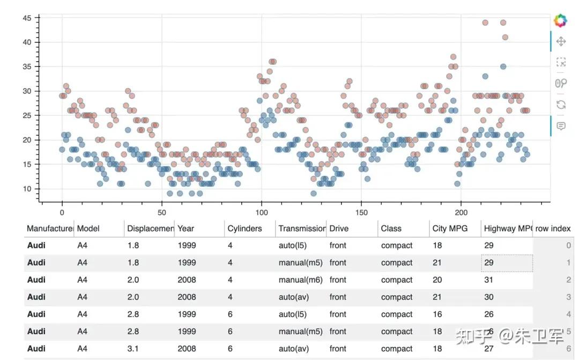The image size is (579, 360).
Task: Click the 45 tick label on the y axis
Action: (x=27, y=18)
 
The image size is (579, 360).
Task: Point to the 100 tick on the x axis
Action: (x=262, y=203)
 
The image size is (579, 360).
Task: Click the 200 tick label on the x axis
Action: (x=461, y=212)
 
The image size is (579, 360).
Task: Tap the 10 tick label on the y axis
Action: (x=27, y=189)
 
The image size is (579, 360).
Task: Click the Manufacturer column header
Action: (x=50, y=229)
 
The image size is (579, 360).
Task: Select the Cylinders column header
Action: (x=244, y=229)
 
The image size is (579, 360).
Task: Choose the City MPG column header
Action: (x=450, y=229)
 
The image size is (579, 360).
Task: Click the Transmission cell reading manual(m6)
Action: (x=300, y=280)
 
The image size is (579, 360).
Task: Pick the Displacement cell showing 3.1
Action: (x=133, y=349)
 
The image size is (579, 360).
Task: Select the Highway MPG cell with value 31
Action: (x=489, y=280)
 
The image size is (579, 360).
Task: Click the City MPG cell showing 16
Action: (x=437, y=314)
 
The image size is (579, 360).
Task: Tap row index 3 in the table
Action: (x=568, y=297)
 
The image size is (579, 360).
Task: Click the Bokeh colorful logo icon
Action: (x=560, y=21)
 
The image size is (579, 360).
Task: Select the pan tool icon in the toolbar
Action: (x=561, y=41)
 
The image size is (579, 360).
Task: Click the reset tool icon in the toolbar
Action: (x=561, y=104)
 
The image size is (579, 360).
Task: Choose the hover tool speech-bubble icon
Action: (x=561, y=126)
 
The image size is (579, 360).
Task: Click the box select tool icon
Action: (x=561, y=62)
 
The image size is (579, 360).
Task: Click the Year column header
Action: (x=186, y=229)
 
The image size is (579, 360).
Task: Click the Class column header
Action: (x=391, y=229)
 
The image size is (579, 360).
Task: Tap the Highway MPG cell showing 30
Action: (x=489, y=297)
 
